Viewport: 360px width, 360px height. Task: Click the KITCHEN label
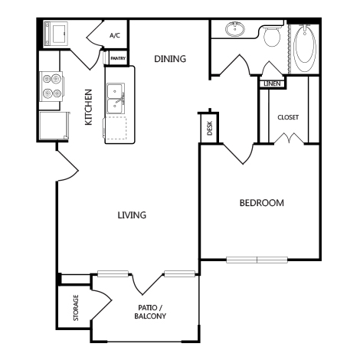(88, 107)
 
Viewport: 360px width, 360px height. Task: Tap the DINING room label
(171, 58)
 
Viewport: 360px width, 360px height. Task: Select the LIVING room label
(132, 215)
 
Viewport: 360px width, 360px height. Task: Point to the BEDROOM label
(262, 203)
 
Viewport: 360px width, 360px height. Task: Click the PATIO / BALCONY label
(150, 311)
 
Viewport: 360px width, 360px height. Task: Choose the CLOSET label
(289, 117)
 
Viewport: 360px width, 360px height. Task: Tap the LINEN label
(271, 83)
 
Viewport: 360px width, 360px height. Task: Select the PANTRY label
(119, 57)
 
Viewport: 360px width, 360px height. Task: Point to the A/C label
(115, 35)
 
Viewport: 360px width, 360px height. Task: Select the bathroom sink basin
(234, 31)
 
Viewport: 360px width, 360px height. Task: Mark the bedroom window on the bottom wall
(257, 260)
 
